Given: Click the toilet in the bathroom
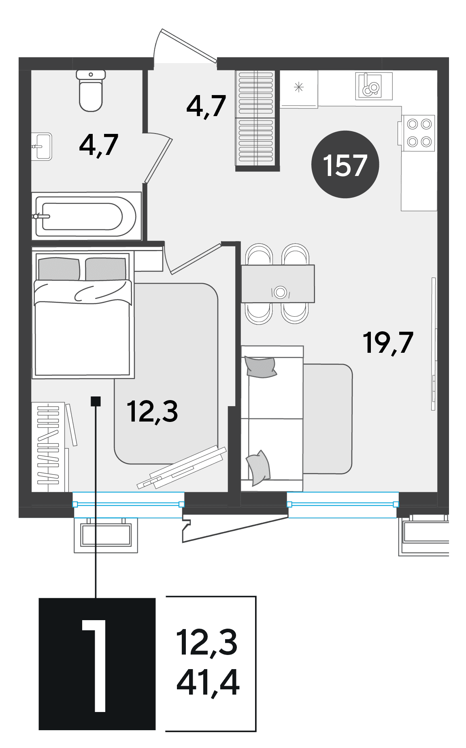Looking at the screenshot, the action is tap(91, 91).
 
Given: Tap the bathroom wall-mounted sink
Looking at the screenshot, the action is tap(42, 146).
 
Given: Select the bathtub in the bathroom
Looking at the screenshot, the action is tap(86, 216).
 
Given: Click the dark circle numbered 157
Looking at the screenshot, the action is tap(345, 164).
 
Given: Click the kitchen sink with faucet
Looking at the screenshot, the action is tap(374, 86).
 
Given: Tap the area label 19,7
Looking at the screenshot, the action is tap(388, 343).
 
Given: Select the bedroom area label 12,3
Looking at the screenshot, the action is tap(152, 411).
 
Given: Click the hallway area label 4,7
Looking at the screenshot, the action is tap(206, 106).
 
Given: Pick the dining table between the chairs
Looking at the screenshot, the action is tap(278, 284).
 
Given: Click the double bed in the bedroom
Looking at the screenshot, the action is tap(83, 314).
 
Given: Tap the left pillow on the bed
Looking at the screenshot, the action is tap(59, 269).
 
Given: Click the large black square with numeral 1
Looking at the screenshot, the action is tap(97, 664).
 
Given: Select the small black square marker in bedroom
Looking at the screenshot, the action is tap(96, 401).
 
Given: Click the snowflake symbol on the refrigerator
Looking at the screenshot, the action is tap(299, 87).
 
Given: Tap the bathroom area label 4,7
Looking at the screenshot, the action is tap(99, 144).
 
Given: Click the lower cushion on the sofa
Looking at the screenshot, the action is tap(259, 467).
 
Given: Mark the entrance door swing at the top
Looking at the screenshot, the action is tap(185, 45).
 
